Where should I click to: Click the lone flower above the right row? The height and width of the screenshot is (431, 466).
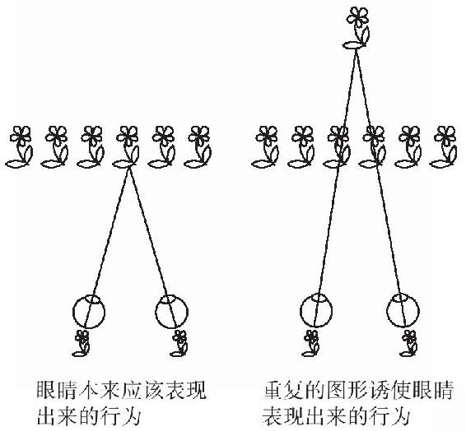tap(356, 28)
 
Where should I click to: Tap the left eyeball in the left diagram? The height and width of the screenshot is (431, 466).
tap(89, 312)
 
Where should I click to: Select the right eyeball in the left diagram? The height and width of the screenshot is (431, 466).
tap(171, 312)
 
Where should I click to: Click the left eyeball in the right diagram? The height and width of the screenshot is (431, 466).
tap(316, 310)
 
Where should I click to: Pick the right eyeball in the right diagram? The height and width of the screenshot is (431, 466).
tap(403, 310)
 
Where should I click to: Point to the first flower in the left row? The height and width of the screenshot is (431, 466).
tap(19, 147)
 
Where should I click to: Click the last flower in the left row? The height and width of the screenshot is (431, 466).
tap(198, 147)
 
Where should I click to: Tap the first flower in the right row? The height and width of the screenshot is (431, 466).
tap(265, 147)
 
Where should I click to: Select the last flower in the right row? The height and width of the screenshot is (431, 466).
tap(444, 147)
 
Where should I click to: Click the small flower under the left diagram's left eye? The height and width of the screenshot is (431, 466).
tap(82, 343)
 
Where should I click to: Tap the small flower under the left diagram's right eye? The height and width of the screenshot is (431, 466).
tap(179, 343)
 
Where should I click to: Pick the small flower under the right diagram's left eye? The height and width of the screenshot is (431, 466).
tap(311, 343)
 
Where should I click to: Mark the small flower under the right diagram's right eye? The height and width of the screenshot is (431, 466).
tap(409, 343)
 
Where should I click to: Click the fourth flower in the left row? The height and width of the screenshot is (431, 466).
tap(126, 147)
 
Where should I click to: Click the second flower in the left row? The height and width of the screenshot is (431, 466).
tap(55, 147)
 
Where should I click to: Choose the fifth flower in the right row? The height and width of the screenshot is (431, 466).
tap(408, 147)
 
